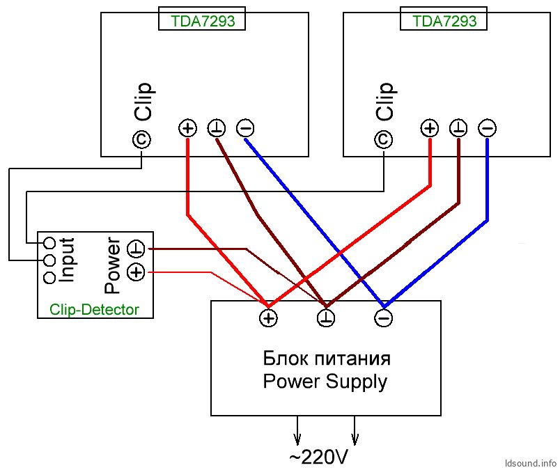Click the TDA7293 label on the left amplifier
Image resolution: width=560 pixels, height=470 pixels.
tap(203, 21)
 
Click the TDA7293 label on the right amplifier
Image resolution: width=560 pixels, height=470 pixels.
tap(444, 21)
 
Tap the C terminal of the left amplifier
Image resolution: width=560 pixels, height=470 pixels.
tap(141, 140)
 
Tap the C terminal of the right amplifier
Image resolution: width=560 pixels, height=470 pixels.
tap(384, 140)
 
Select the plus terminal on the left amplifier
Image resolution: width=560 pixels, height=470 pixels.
tap(187, 128)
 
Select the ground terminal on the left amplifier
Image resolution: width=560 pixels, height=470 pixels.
tap(217, 128)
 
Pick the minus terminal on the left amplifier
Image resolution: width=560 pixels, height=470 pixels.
tap(245, 128)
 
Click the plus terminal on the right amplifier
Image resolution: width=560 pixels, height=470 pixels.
tap(430, 128)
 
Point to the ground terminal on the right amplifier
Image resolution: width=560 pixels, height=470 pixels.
tap(458, 128)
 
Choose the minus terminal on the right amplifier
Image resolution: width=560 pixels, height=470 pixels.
tap(488, 128)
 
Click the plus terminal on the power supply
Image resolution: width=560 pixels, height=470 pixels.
tap(268, 318)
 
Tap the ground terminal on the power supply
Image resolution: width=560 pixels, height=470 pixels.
tap(326, 318)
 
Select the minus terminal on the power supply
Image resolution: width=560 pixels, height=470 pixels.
tap(384, 318)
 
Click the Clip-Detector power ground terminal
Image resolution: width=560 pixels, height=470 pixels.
tap(136, 249)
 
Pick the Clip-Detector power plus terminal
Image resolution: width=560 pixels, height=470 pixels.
tap(136, 273)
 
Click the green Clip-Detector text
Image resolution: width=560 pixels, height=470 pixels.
tap(94, 309)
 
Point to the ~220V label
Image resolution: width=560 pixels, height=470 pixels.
tap(318, 457)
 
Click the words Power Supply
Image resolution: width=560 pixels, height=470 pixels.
tap(325, 382)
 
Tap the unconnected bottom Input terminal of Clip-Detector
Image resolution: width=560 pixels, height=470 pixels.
tap(50, 278)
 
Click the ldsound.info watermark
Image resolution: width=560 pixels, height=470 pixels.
tap(531, 463)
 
